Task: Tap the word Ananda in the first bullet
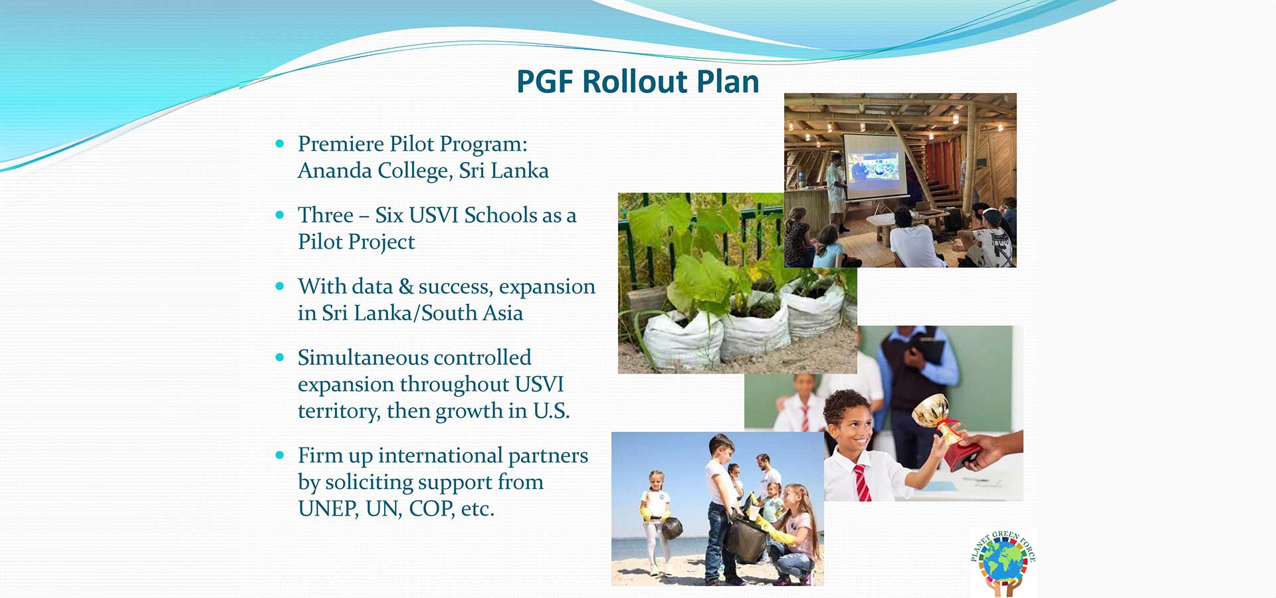click(335, 171)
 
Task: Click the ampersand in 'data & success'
click(405, 286)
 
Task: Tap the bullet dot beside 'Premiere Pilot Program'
click(280, 144)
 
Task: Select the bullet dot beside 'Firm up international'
click(280, 455)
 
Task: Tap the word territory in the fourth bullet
click(338, 411)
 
